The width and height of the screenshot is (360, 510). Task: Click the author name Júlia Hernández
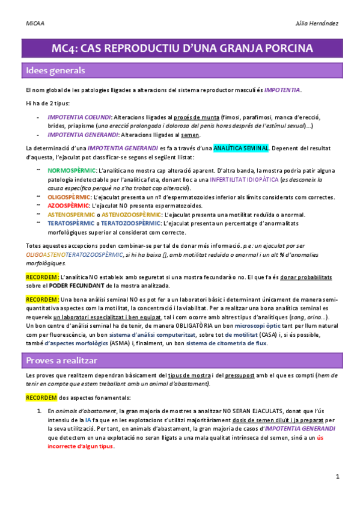coord(317,23)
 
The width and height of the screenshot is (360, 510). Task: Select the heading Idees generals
coord(55,70)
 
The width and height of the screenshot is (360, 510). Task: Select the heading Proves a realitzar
coord(63,360)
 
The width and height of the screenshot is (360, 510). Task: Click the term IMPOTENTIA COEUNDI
coord(79,117)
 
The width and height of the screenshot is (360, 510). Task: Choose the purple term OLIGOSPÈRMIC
coord(69,197)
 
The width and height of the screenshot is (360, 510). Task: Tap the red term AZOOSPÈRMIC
coord(69,205)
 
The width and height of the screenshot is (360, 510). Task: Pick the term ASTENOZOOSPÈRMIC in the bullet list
coord(130,214)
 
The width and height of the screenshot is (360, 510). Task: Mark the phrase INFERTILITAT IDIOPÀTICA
coord(245,180)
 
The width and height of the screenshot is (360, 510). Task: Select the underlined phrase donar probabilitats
coord(306,277)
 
